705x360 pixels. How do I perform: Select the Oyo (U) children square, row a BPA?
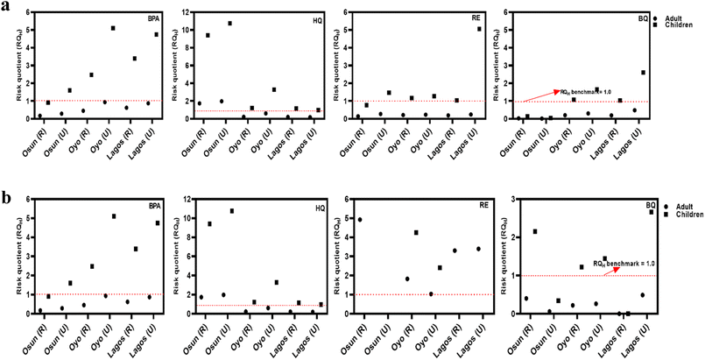[113, 28]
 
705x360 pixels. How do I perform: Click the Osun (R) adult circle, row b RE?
[360, 220]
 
